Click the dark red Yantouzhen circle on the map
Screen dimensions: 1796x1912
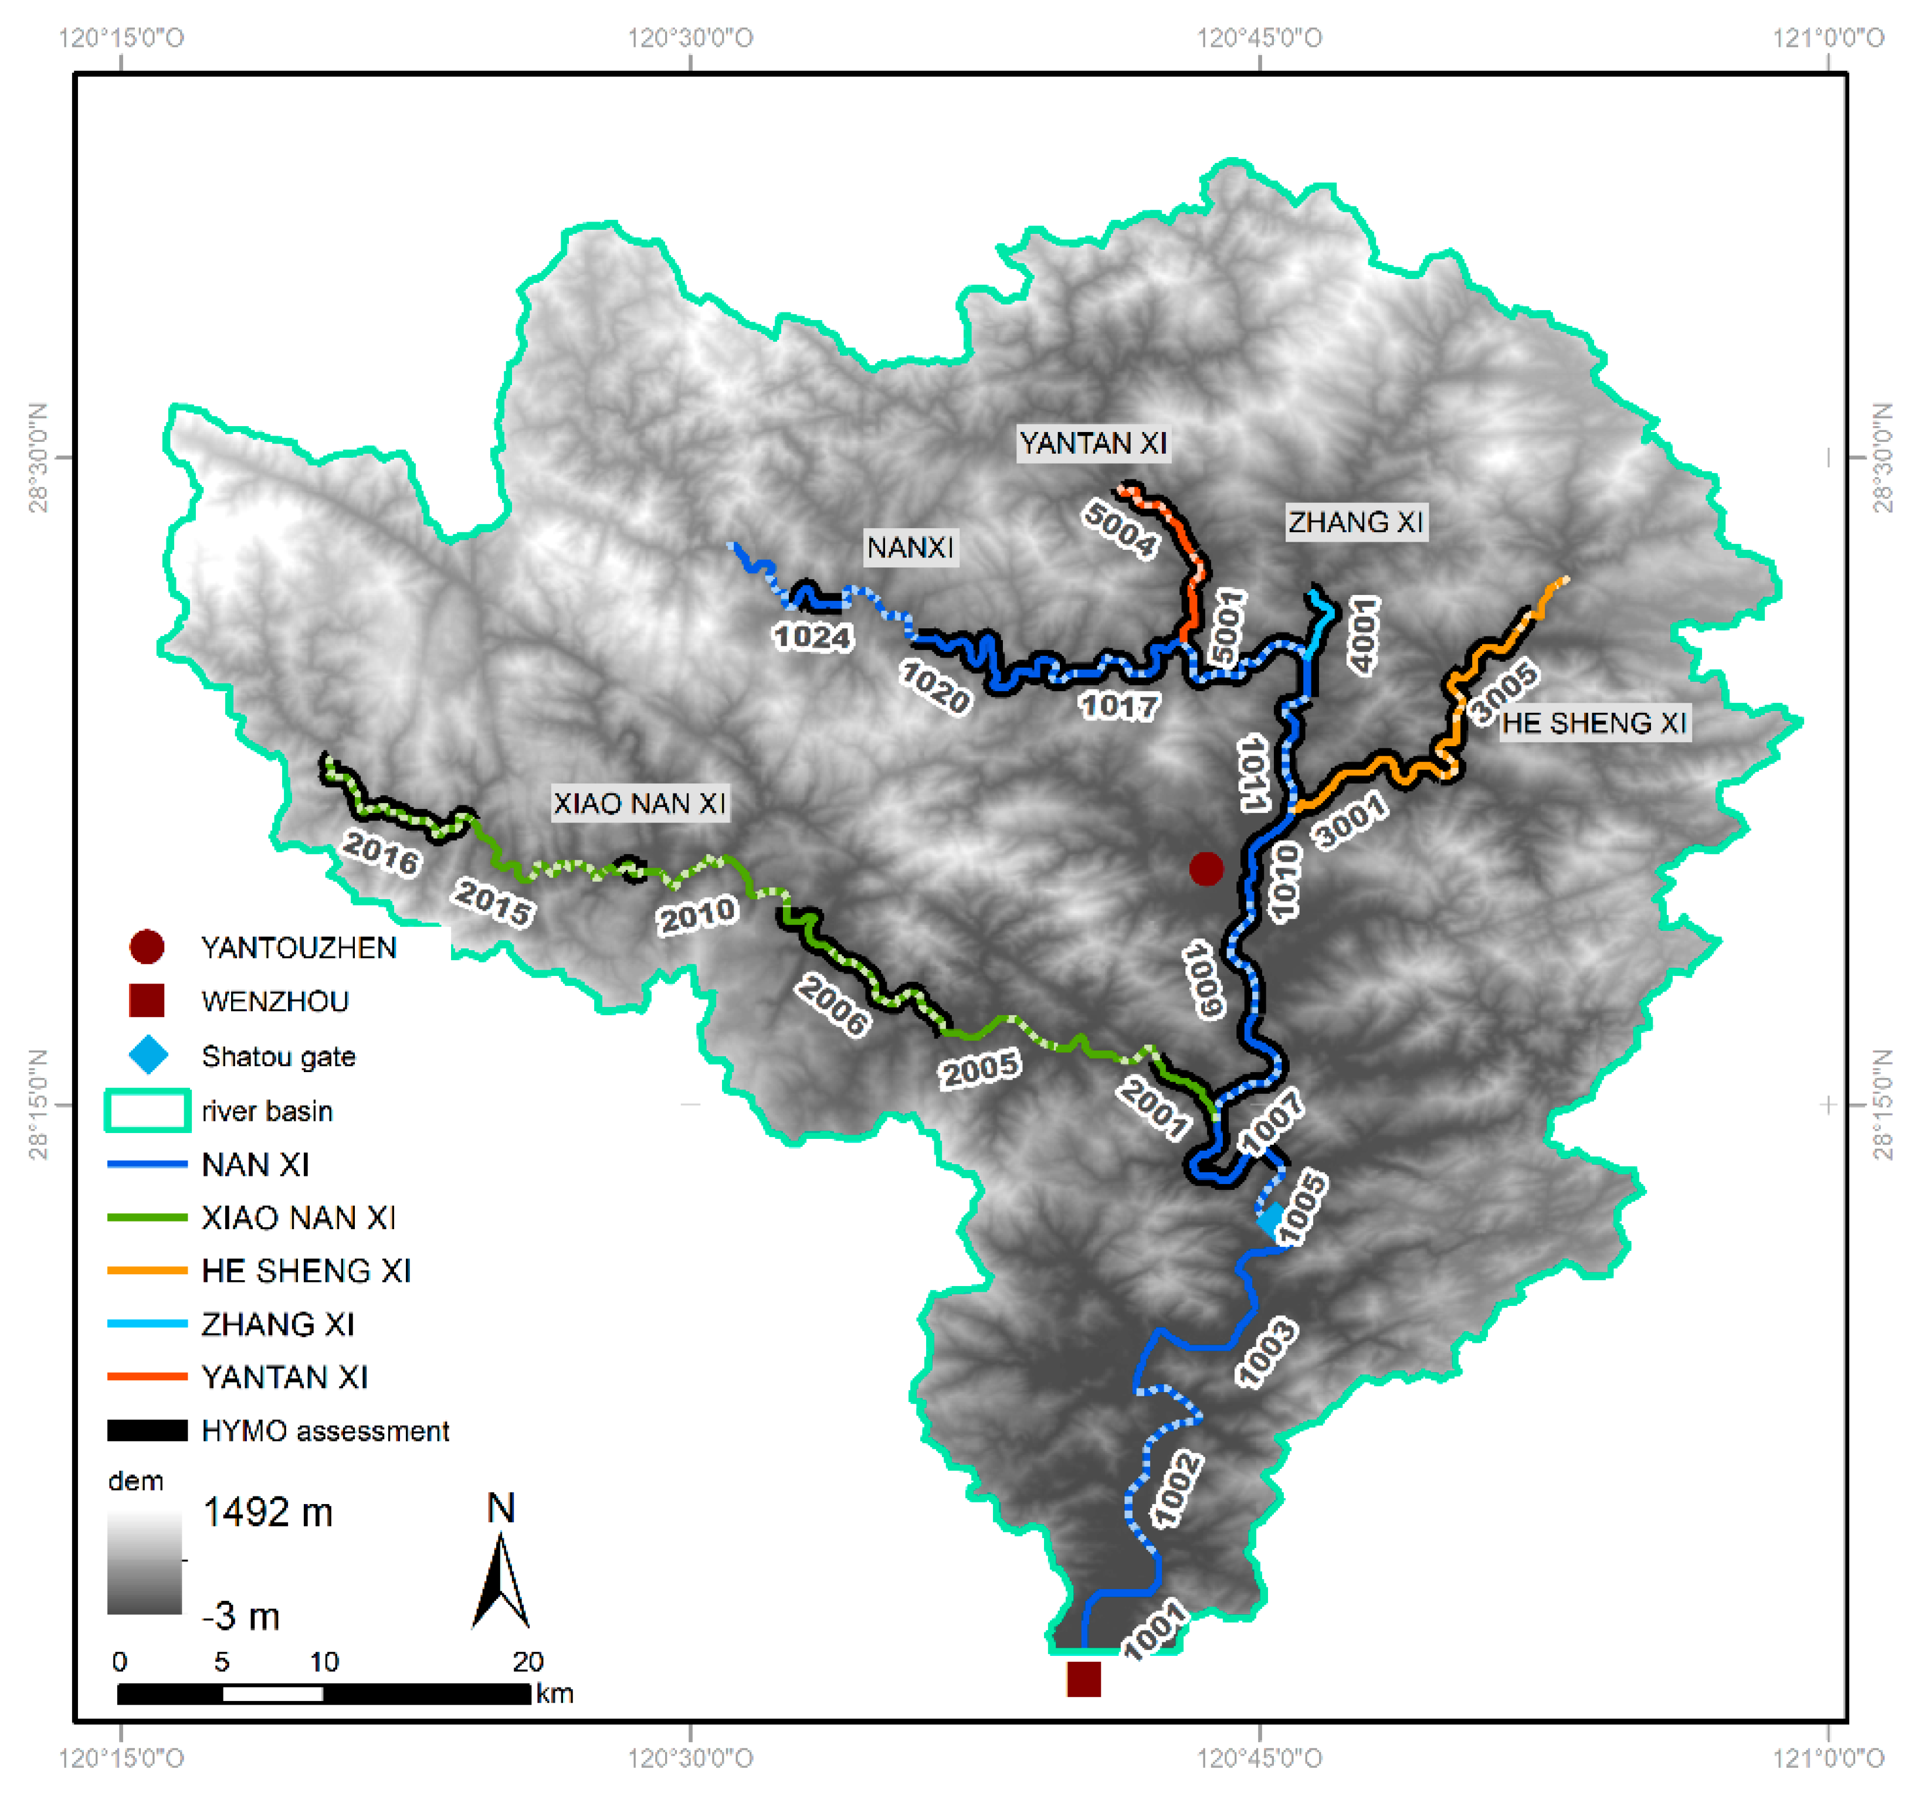[x=1206, y=868]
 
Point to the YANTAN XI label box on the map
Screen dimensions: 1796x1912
[x=1093, y=443]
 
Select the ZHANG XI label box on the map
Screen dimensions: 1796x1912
[x=1356, y=522]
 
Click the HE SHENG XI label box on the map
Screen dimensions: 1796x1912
[x=1594, y=722]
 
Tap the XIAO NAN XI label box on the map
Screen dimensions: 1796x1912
[x=639, y=803]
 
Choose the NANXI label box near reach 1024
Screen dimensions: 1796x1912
[x=910, y=547]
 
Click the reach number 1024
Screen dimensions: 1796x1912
[x=813, y=637]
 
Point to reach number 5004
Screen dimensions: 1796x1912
[x=1120, y=529]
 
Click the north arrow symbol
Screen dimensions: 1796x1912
[x=501, y=1577]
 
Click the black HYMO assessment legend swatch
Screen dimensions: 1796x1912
[x=147, y=1431]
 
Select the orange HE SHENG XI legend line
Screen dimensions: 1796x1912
[x=147, y=1271]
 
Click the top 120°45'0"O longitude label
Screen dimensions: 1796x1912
[x=1259, y=38]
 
